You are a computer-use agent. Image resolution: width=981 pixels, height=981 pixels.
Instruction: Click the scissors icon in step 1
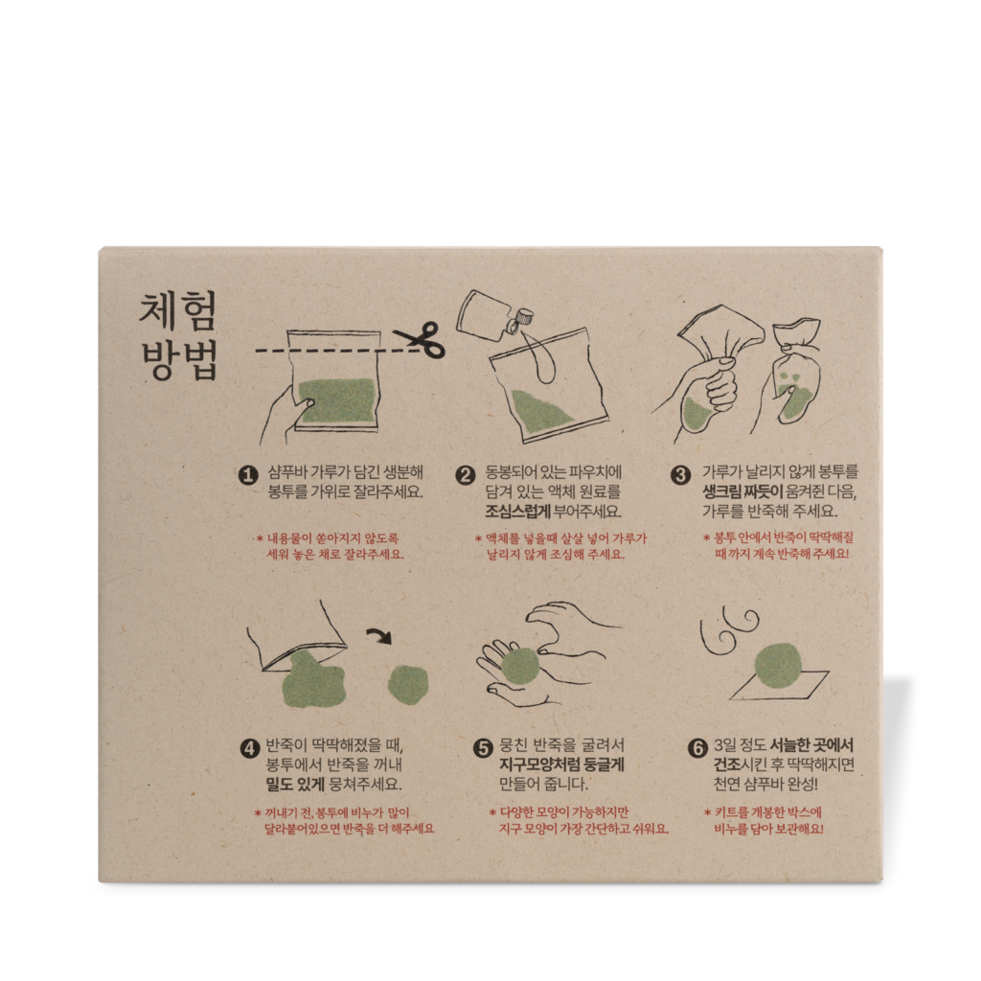tap(419, 339)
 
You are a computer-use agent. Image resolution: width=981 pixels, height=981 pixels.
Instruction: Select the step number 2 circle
tap(466, 474)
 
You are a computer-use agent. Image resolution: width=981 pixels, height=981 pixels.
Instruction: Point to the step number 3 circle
tap(681, 474)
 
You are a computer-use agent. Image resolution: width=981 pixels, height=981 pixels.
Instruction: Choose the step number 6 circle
tap(697, 748)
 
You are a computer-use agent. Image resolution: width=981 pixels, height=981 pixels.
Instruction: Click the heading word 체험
tap(178, 312)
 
